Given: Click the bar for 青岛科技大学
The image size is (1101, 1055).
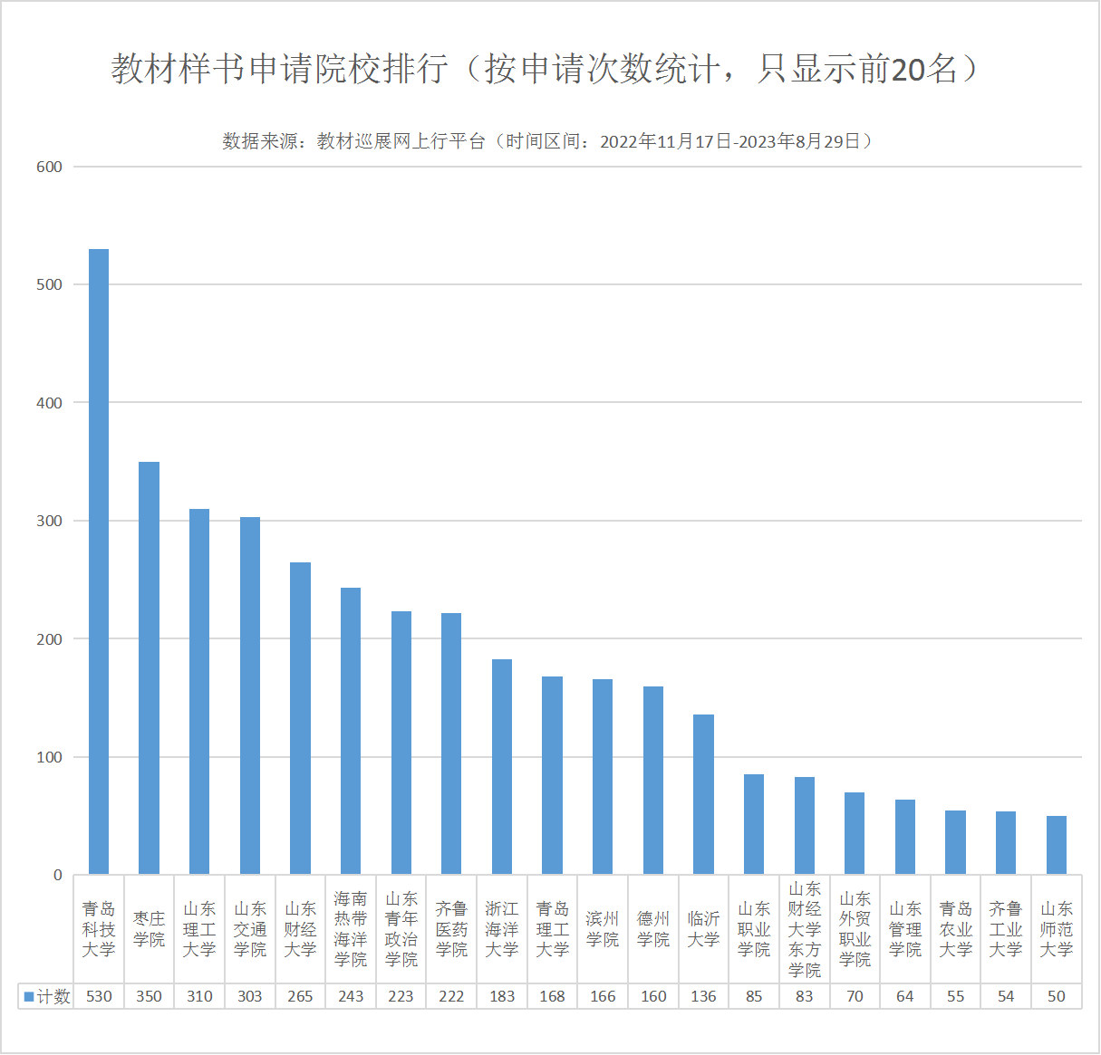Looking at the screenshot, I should click(99, 561).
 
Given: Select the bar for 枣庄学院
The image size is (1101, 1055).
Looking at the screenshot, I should click(149, 668).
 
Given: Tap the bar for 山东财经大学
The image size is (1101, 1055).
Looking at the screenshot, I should click(300, 718).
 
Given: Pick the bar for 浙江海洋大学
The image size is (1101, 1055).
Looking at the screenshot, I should click(502, 766).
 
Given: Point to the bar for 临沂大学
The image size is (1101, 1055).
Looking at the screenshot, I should click(703, 794).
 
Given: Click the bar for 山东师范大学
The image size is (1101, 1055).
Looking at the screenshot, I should click(1056, 845).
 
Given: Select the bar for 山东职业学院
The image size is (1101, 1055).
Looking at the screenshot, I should click(754, 824).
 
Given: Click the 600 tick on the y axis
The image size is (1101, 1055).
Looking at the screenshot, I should click(49, 167).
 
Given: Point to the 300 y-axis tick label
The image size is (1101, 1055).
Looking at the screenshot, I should click(49, 521).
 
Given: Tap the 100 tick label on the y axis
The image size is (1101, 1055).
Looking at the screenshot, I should click(49, 757).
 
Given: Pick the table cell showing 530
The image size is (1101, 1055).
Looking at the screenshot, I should click(99, 996).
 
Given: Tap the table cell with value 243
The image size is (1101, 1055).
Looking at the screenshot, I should click(351, 996).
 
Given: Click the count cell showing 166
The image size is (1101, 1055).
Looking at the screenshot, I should click(603, 996).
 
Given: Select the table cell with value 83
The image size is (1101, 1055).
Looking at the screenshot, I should click(805, 996).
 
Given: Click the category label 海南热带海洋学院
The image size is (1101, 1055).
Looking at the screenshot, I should click(351, 929).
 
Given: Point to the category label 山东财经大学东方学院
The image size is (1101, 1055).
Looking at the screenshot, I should click(805, 929).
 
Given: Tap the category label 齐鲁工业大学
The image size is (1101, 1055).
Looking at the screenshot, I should click(1006, 929).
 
